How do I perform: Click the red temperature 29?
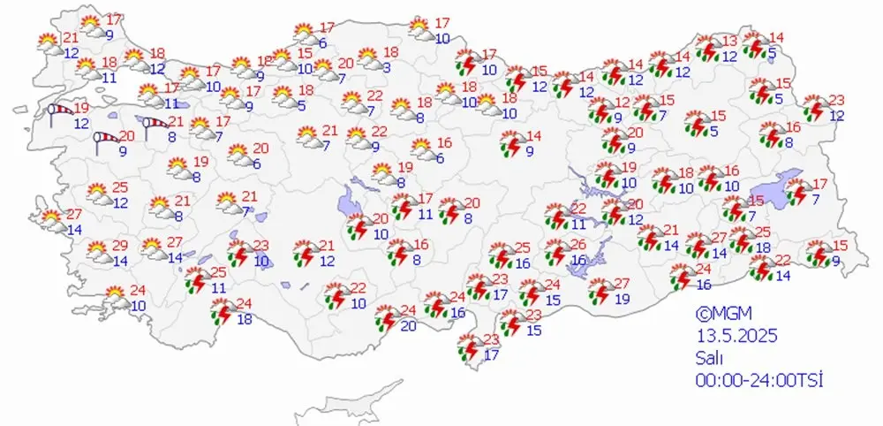[x=121, y=245]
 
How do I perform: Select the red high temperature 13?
[x=729, y=42]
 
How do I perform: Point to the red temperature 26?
[x=578, y=245]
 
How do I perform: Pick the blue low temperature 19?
[x=622, y=300]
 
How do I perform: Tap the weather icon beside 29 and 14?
[x=100, y=254]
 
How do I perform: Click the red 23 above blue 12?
[x=836, y=100]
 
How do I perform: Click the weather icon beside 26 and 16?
[x=556, y=252]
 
